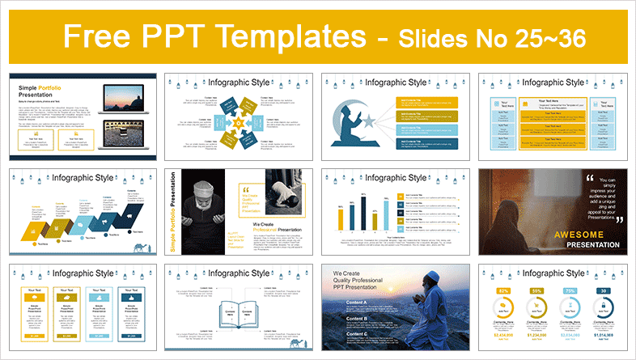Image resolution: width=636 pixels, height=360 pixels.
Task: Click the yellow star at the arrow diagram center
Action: tap(238, 121)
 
